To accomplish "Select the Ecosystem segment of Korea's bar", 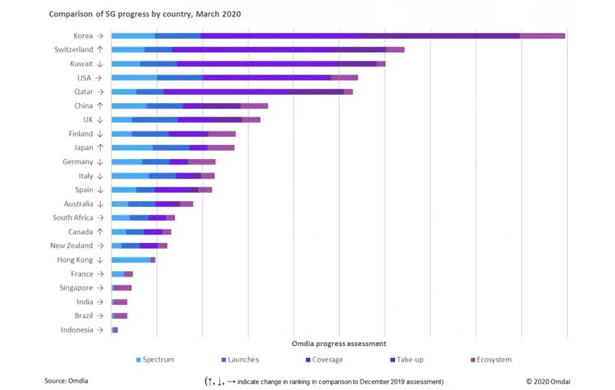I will click(542, 35).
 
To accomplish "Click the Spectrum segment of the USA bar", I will click(135, 77).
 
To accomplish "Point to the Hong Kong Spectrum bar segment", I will click(131, 260).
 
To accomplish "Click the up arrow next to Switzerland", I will click(100, 49).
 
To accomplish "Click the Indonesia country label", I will click(77, 330).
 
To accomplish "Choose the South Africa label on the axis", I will click(73, 218).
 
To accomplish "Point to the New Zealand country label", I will click(71, 246).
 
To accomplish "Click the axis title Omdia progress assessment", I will click(339, 344).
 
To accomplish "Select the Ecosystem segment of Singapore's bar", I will click(123, 288).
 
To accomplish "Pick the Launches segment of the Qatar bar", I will click(150, 91).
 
